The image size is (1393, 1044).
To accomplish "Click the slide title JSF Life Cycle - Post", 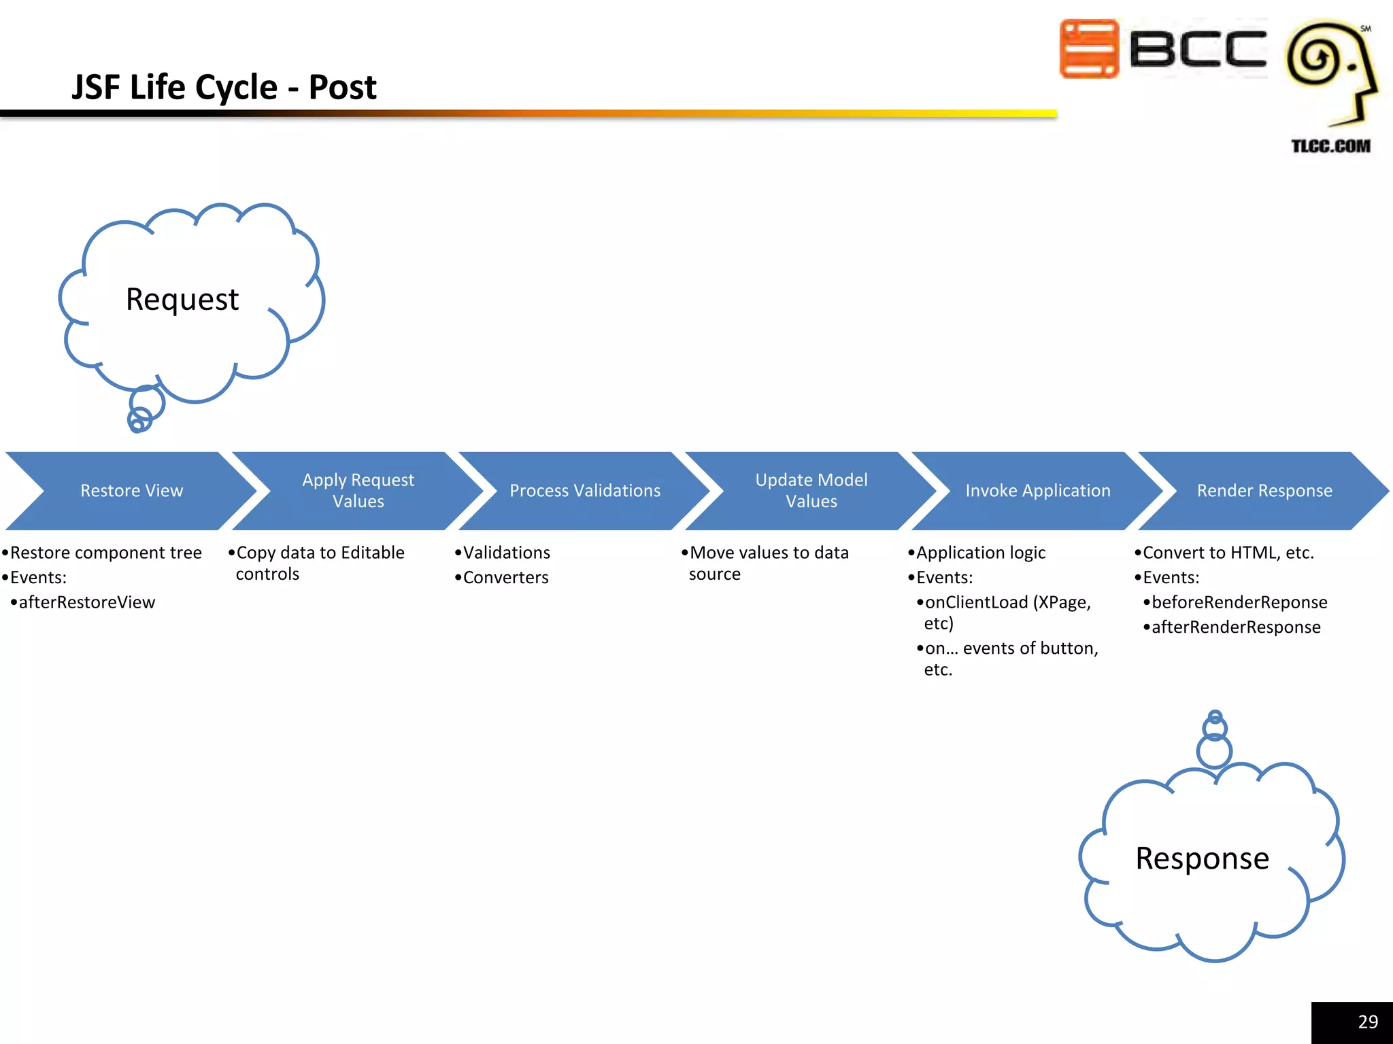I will click(x=224, y=87).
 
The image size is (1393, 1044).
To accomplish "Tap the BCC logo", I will click(x=1162, y=49).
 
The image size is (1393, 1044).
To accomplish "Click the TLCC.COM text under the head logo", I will click(x=1330, y=146).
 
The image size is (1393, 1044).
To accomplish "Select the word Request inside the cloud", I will click(x=182, y=299).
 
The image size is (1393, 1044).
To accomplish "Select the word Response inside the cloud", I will click(x=1202, y=858).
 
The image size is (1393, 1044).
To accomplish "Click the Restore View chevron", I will click(x=131, y=491).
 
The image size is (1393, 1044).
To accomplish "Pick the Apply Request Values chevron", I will click(x=358, y=491).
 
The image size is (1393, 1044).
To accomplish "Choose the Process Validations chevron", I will click(x=585, y=491).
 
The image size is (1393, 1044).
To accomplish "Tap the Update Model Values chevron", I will click(x=811, y=491).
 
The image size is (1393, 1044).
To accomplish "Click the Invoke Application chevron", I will click(x=1037, y=491).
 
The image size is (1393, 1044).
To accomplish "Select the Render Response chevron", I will click(x=1264, y=491).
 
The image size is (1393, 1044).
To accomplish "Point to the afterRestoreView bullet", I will click(x=86, y=603).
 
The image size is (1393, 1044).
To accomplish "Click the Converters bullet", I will click(x=505, y=578).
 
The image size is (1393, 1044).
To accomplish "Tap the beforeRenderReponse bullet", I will click(x=1239, y=603).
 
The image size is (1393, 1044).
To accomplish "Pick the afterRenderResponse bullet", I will click(x=1235, y=627).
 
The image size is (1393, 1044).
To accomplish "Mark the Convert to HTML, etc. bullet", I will click(x=1228, y=553).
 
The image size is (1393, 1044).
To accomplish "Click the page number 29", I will click(x=1367, y=1022).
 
